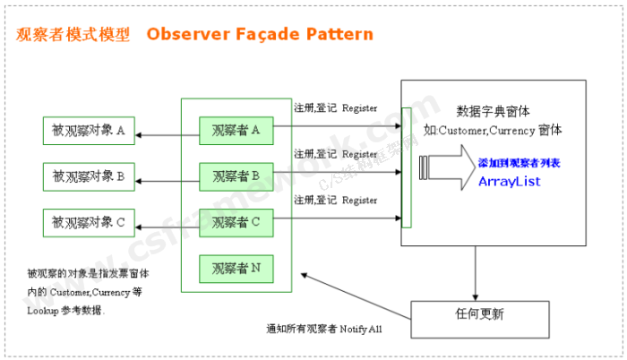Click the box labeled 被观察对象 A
tap(89, 131)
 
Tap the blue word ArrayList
tap(509, 182)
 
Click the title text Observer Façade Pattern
tap(260, 34)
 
